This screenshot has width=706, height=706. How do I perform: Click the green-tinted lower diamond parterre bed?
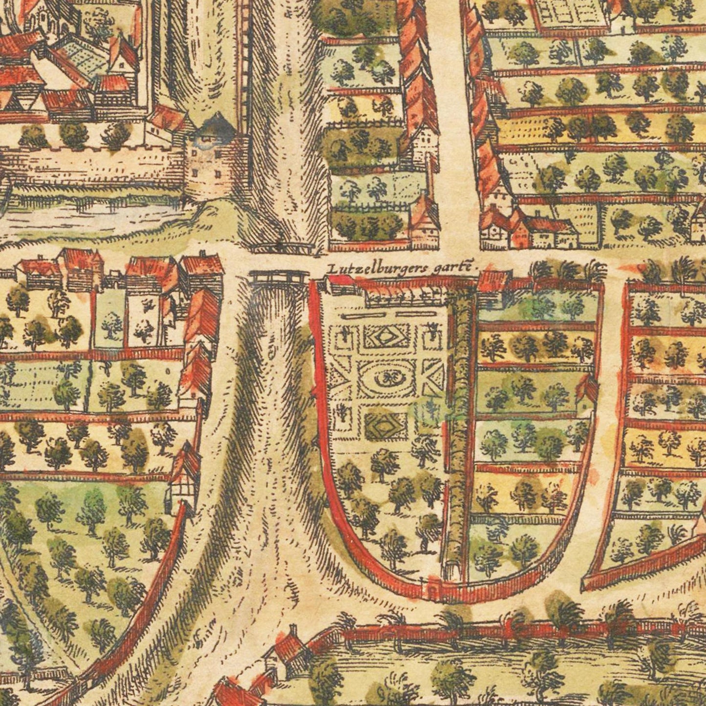[x=386, y=424]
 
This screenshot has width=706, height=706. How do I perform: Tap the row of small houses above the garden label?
[x=528, y=230]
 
